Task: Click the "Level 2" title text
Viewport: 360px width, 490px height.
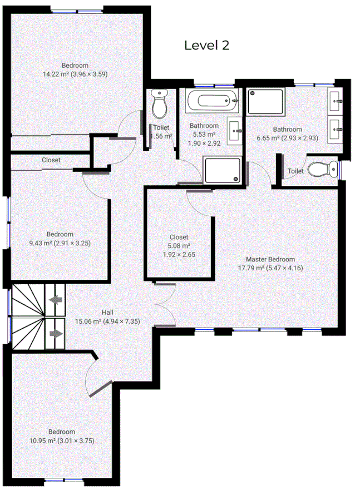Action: [x=206, y=45]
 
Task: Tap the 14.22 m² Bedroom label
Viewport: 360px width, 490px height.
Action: [x=75, y=69]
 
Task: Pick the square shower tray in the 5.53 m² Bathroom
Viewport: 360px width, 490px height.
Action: [x=223, y=170]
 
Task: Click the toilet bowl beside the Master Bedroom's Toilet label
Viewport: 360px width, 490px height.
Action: [x=323, y=168]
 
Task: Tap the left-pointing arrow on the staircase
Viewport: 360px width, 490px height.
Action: [x=56, y=301]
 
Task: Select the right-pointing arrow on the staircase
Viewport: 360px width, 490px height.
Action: [x=56, y=333]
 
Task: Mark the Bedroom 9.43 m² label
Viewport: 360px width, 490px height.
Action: [x=60, y=239]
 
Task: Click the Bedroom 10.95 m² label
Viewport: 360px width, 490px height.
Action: [x=61, y=436]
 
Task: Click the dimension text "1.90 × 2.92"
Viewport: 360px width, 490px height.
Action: [x=204, y=142]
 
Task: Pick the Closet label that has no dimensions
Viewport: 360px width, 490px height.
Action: [x=51, y=160]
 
